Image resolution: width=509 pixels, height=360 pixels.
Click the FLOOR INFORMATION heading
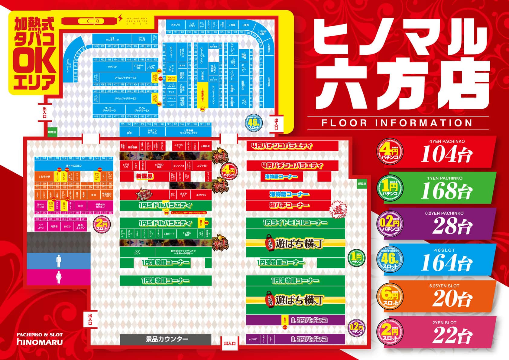pyautogui.click(x=397, y=123)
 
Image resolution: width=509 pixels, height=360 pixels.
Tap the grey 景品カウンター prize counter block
pyautogui.click(x=165, y=339)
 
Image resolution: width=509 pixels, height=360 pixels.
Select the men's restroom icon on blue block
pyautogui.click(x=59, y=261)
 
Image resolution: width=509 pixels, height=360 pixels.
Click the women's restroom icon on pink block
pyautogui.click(x=59, y=277)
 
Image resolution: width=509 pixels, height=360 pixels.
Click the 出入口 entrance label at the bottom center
pyautogui.click(x=229, y=343)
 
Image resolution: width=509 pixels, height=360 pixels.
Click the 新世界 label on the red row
pyautogui.click(x=145, y=176)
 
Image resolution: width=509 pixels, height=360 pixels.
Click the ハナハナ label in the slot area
pyautogui.click(x=112, y=67)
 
